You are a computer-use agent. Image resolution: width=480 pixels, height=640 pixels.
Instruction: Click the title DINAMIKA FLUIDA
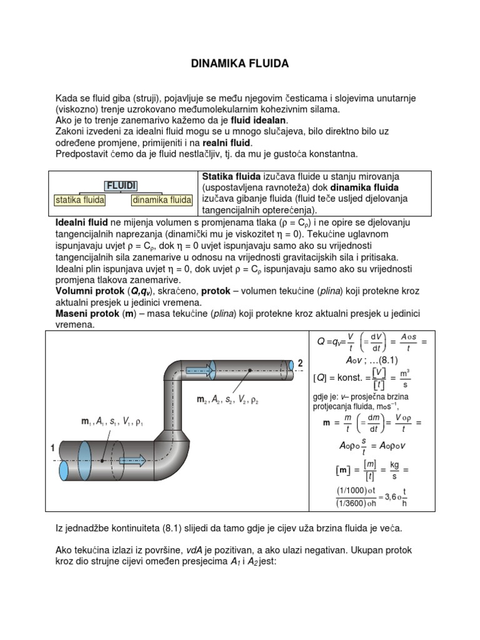pyautogui.click(x=239, y=64)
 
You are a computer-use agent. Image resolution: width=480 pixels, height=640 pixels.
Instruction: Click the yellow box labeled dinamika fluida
pyautogui.click(x=161, y=200)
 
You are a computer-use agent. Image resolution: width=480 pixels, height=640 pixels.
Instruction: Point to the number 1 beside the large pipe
pyautogui.click(x=52, y=447)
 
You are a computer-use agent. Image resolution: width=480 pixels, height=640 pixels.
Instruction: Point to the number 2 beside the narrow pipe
pyautogui.click(x=300, y=363)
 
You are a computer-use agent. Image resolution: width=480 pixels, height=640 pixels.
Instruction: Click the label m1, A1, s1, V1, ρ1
pyautogui.click(x=112, y=422)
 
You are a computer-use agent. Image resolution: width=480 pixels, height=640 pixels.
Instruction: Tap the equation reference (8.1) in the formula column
pyautogui.click(x=386, y=360)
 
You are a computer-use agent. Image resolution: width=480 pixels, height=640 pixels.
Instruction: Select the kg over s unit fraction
pyautogui.click(x=394, y=469)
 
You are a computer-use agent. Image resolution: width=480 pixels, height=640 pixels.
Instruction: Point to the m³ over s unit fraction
pyautogui.click(x=404, y=378)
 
